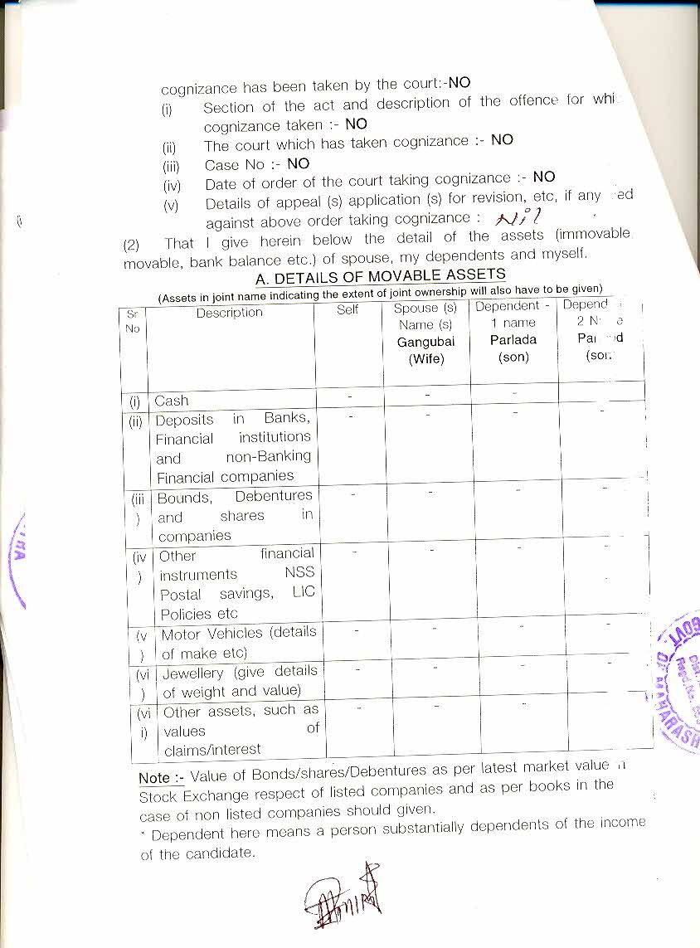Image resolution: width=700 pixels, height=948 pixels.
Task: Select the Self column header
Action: [x=348, y=309]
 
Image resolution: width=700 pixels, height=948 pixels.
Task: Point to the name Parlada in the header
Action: [x=513, y=339]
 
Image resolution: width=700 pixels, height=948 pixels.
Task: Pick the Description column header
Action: [x=230, y=313]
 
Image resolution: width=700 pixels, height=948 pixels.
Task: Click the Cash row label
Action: [x=172, y=400]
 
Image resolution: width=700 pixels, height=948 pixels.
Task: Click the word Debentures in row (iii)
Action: [x=274, y=496]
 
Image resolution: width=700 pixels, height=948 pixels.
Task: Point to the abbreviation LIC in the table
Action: [x=304, y=593]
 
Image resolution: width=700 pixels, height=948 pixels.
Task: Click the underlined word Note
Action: [x=155, y=778]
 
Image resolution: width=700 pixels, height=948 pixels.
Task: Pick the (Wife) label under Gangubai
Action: [x=426, y=359]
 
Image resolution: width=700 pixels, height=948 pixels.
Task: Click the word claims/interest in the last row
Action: [x=212, y=749]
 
